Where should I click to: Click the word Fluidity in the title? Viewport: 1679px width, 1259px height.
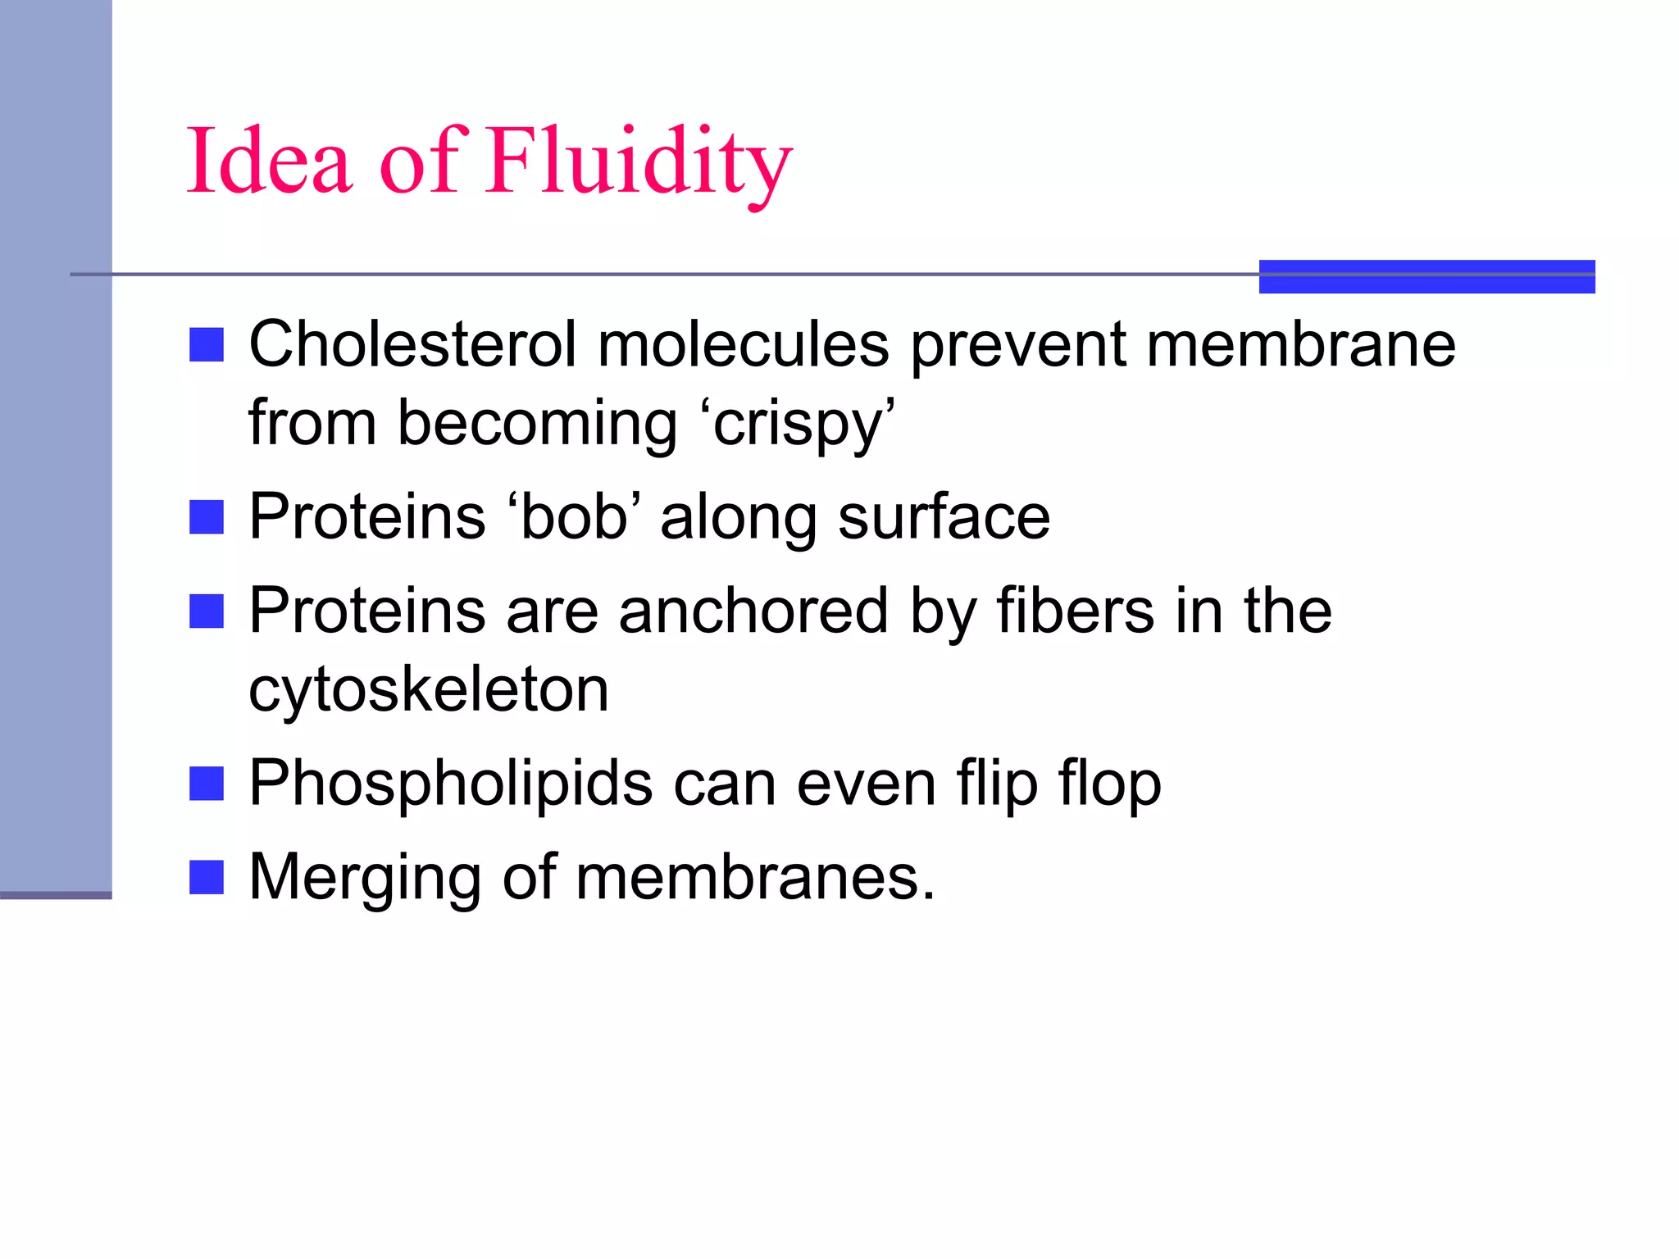[639, 161]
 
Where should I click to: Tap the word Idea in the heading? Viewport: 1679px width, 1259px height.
[271, 161]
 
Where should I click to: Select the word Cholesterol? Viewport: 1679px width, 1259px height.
[412, 344]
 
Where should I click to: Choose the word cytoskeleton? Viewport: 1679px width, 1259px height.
[429, 689]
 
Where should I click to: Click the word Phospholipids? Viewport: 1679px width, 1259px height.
[451, 784]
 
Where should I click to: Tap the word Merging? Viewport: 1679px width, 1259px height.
[364, 878]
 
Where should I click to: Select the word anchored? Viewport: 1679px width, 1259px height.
[753, 611]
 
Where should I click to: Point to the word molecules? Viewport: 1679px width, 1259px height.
[743, 344]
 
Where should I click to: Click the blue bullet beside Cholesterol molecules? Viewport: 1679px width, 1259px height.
[207, 345]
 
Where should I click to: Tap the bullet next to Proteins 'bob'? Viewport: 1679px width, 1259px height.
[207, 518]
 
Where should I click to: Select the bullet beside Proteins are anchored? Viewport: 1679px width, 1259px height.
[207, 611]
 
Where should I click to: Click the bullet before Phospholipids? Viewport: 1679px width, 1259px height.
[207, 784]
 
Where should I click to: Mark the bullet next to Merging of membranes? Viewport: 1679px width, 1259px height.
[207, 878]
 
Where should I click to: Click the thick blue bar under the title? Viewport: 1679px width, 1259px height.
[1426, 276]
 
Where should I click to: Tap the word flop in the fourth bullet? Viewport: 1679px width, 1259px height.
[1109, 784]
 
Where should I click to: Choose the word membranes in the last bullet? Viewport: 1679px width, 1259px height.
[754, 878]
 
